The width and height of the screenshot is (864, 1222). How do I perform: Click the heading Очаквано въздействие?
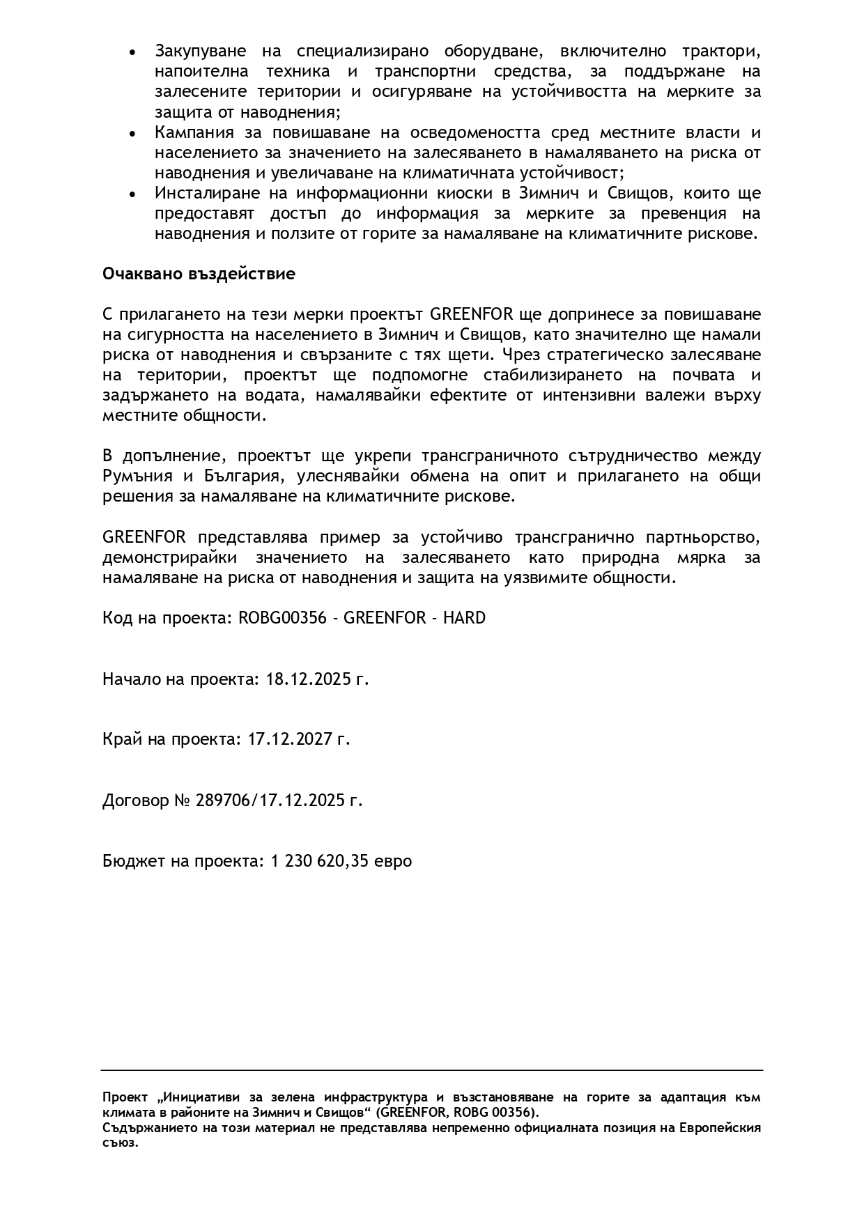click(199, 274)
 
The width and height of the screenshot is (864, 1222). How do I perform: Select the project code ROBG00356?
click(282, 618)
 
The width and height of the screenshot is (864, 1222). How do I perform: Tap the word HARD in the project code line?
click(464, 618)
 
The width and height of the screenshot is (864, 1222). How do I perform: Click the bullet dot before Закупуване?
click(132, 52)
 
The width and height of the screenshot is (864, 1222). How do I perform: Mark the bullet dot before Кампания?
click(132, 134)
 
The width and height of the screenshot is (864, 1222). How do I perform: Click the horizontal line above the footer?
click(432, 1070)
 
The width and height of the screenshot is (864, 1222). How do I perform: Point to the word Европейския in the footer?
click(722, 1128)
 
